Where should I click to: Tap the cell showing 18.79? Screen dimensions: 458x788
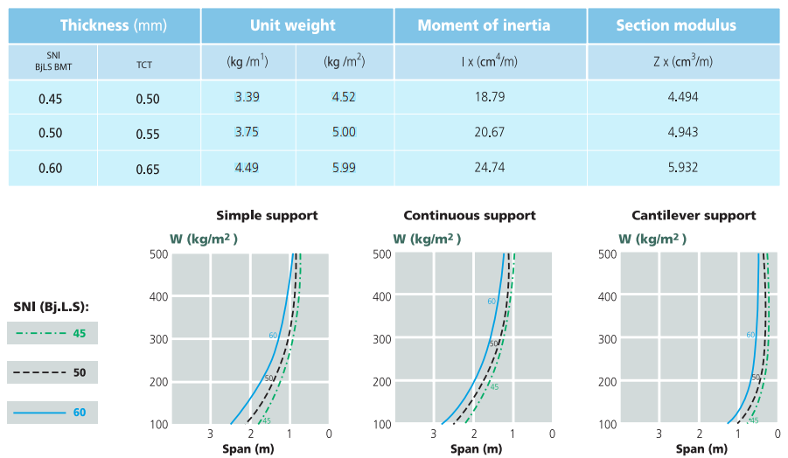(490, 96)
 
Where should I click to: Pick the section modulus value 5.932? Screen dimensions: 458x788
(682, 167)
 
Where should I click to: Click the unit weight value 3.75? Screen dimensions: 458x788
(247, 132)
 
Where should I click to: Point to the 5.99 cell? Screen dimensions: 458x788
(344, 167)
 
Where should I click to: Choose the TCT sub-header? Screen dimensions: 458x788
(143, 64)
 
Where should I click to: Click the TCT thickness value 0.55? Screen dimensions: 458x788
(148, 134)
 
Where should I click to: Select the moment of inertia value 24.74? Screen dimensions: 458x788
(490, 167)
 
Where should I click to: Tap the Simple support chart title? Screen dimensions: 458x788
(267, 215)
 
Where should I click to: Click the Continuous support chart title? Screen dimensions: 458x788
(470, 215)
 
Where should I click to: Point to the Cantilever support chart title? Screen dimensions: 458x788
(694, 215)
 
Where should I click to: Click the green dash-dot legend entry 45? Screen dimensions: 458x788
(52, 333)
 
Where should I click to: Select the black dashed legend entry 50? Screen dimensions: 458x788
(52, 372)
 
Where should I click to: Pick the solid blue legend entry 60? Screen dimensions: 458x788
(52, 412)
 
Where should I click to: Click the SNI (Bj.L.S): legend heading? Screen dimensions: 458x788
(52, 306)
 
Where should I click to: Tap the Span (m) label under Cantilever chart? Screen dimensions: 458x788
(701, 448)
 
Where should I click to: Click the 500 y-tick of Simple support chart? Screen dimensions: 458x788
(158, 254)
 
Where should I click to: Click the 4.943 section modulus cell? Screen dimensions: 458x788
(682, 132)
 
